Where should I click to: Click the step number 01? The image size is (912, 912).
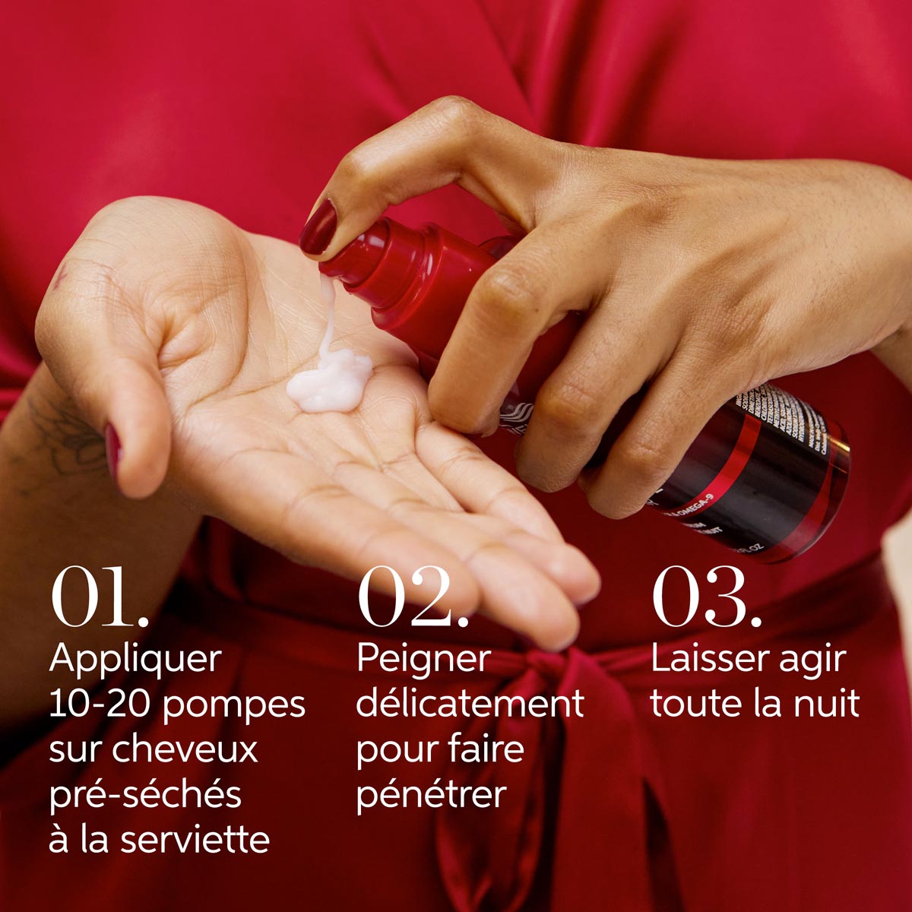click(x=99, y=597)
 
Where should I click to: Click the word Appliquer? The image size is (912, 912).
click(x=135, y=660)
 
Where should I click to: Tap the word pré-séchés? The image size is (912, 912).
click(x=145, y=795)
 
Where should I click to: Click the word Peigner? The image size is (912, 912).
click(x=423, y=660)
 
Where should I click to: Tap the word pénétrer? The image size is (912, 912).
click(x=431, y=795)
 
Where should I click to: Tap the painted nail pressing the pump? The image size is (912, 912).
click(x=318, y=226)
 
